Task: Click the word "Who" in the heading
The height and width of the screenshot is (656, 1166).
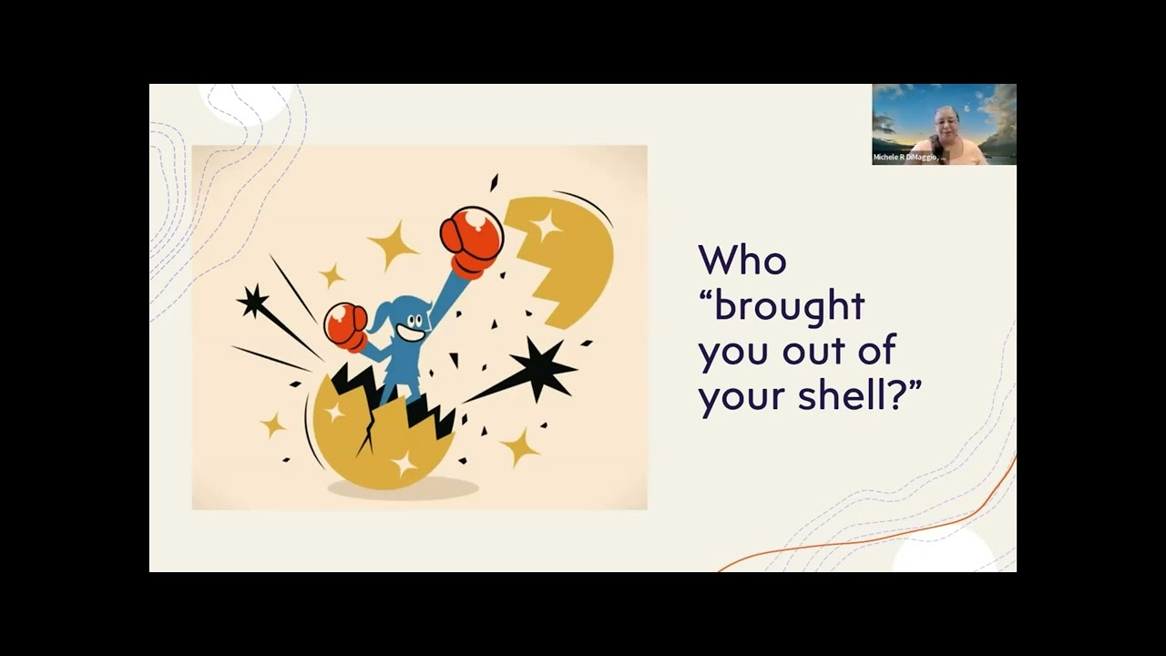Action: tap(742, 261)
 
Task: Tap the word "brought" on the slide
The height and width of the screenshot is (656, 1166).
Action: tap(789, 305)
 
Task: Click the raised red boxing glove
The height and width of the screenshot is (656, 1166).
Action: tap(471, 241)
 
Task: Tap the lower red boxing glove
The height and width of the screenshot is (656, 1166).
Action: tap(346, 325)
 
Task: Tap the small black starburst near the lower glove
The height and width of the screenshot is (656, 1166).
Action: tap(252, 301)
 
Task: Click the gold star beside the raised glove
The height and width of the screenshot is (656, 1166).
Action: tap(393, 243)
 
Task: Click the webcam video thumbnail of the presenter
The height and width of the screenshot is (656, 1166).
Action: tap(944, 124)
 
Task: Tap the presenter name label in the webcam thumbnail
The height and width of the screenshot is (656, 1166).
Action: tap(909, 158)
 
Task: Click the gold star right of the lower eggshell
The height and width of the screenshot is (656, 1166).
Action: tap(520, 446)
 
